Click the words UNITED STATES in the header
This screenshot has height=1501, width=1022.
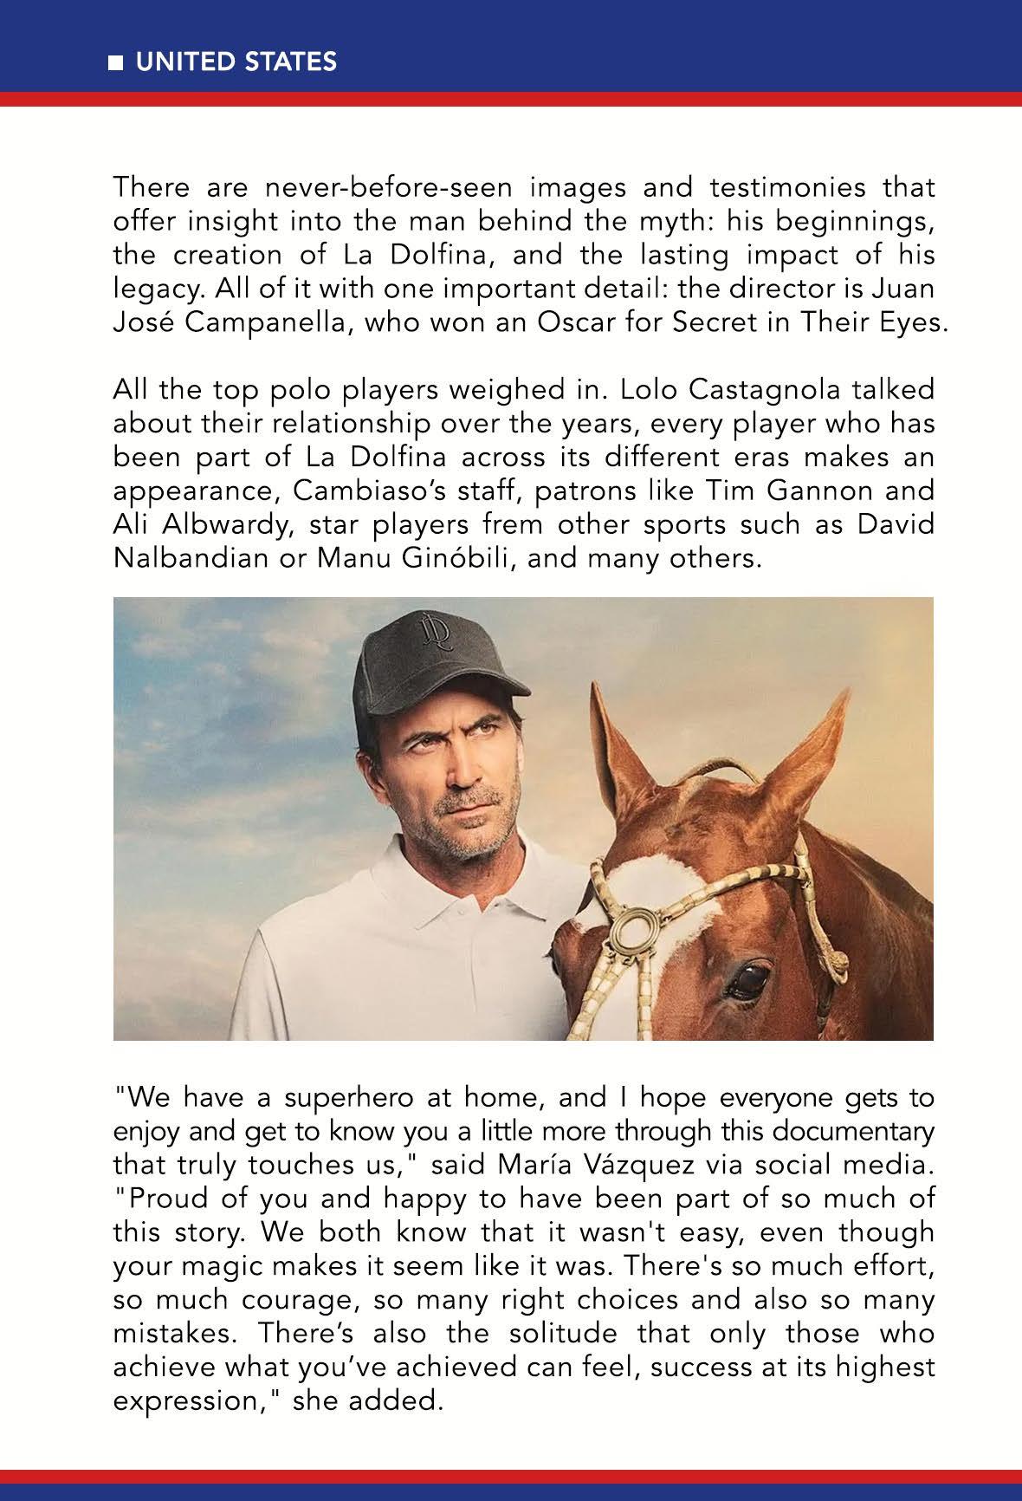(x=236, y=62)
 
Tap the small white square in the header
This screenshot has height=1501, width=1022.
(x=115, y=63)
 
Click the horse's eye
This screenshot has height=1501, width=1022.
(x=747, y=979)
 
